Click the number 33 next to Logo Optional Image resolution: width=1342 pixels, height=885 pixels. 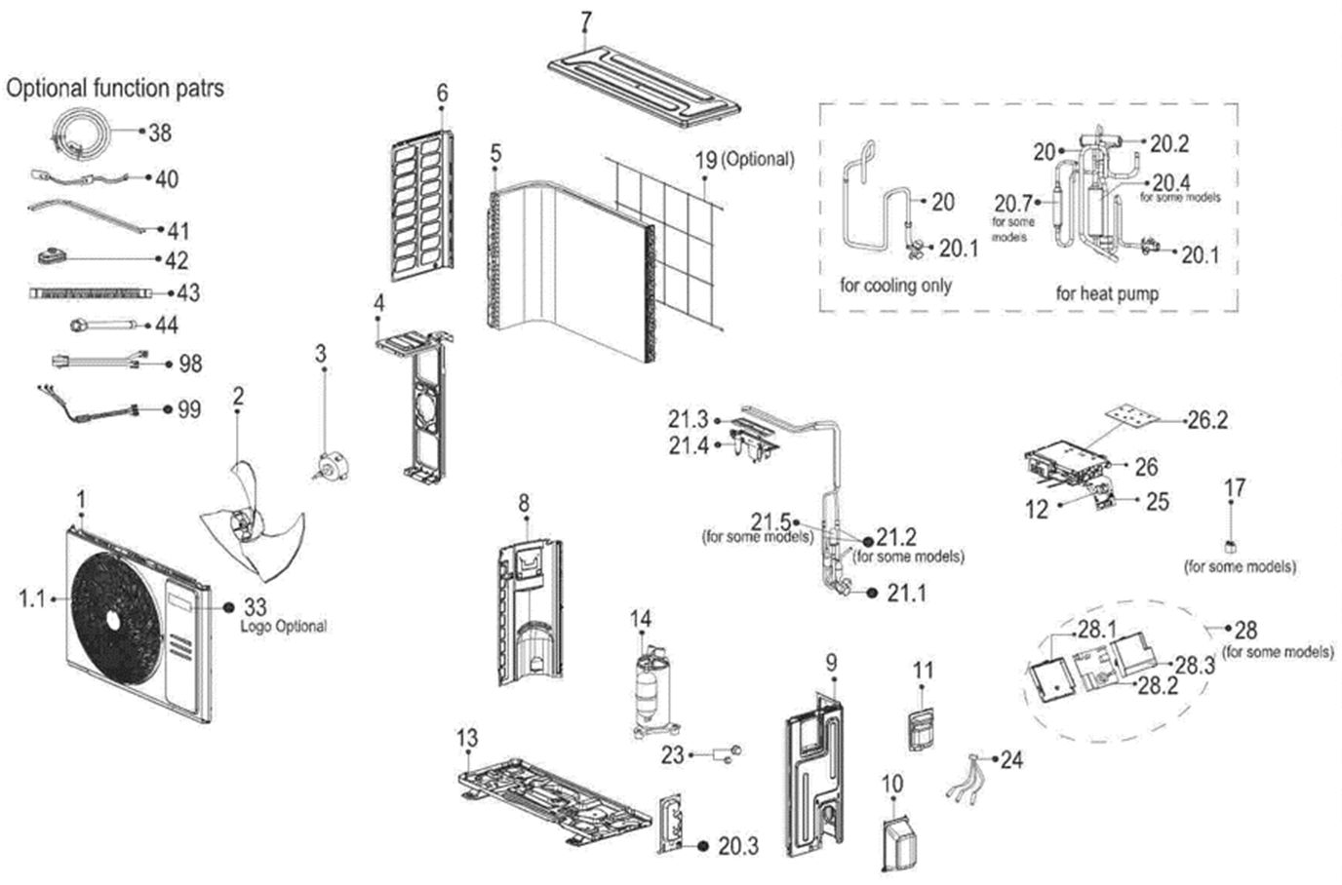click(x=255, y=606)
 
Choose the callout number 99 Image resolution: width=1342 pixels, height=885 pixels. click(x=189, y=409)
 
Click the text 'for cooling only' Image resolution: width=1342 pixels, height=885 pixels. click(x=895, y=285)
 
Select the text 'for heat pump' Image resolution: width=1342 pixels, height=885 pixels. click(x=1107, y=292)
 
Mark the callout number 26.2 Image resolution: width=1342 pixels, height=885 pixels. click(x=1207, y=420)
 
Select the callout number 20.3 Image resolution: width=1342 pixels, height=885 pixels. click(x=738, y=846)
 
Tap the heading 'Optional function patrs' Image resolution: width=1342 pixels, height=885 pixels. click(x=115, y=88)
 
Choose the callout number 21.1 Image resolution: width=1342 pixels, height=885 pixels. click(x=906, y=593)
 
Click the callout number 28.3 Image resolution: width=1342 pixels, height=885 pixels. click(x=1194, y=665)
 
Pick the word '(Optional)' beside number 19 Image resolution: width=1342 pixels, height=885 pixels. click(x=757, y=159)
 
